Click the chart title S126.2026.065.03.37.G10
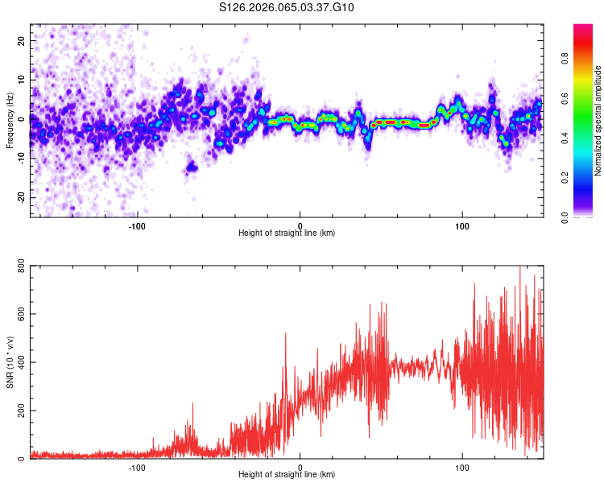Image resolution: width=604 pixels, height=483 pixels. (x=288, y=7)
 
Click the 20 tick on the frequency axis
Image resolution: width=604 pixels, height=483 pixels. (x=22, y=39)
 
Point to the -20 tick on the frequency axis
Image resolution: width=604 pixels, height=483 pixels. (x=20, y=197)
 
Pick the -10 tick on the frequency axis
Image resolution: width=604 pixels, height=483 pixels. (x=20, y=158)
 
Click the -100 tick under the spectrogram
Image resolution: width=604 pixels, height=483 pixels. (x=137, y=225)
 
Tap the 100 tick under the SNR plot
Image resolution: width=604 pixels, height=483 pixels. (x=462, y=467)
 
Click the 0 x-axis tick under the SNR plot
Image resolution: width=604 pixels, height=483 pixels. (x=300, y=467)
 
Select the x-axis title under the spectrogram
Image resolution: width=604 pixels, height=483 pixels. (x=287, y=233)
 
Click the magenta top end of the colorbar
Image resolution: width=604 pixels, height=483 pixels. (x=582, y=28)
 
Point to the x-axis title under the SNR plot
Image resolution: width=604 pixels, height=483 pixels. (x=287, y=475)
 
